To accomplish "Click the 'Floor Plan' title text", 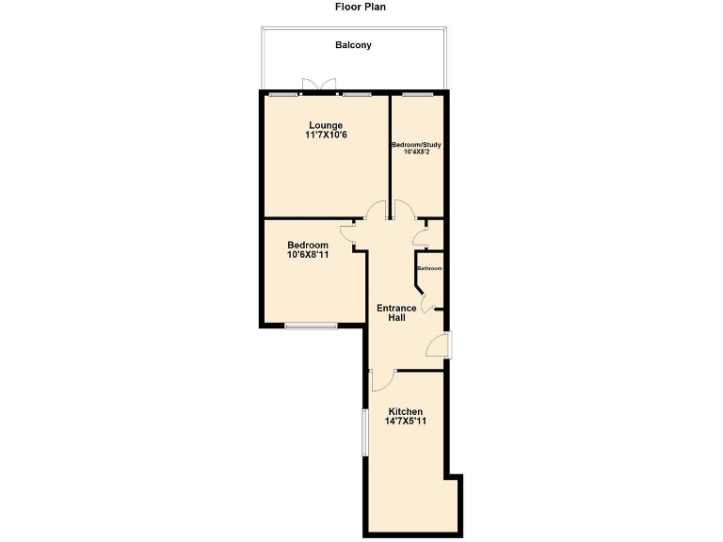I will point(361,7).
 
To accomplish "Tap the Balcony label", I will point(353,44).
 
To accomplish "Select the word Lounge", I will point(326,125).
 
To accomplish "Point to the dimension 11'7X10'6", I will point(326,135).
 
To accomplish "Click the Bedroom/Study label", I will point(416,145).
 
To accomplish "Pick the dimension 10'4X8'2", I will point(416,152).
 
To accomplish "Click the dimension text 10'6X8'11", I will point(308,254).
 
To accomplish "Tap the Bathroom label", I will point(429,268).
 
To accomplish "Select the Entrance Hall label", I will point(396,313).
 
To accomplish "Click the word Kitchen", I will point(406,412).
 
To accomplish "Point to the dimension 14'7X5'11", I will point(406,422).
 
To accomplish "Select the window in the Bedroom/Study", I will point(417,94).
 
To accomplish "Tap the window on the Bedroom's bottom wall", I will point(311,327).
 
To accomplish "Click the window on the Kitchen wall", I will point(364,433).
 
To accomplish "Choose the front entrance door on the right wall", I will point(439,346).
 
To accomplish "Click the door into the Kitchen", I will point(381,378).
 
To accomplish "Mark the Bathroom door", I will point(426,303).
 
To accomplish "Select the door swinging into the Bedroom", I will point(355,232).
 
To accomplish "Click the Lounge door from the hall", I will point(377,213).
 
